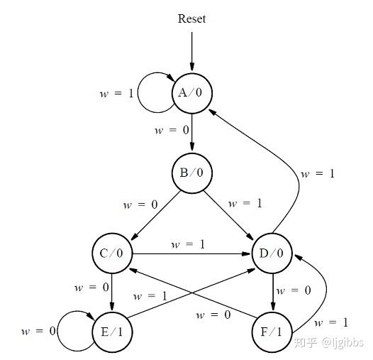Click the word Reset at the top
coord(191,18)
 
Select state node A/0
coord(191,93)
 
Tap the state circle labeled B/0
coord(191,173)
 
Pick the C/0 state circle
coord(112,252)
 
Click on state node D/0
coord(273,252)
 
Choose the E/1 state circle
coord(112,331)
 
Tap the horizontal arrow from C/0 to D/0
coord(191,252)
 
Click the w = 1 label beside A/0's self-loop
coord(116,93)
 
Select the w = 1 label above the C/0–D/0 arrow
coord(189,244)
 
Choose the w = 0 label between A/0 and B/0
coord(172,131)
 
